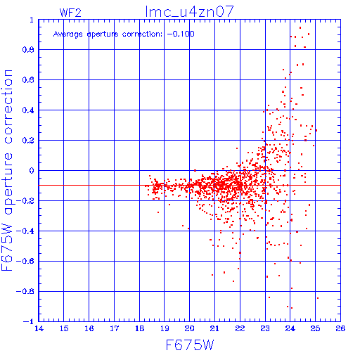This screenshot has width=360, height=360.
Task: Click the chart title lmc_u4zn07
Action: (x=189, y=12)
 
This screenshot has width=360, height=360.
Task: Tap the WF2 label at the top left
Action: (x=70, y=13)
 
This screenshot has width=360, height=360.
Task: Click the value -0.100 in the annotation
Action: (x=181, y=34)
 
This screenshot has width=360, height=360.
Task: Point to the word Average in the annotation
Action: (x=68, y=34)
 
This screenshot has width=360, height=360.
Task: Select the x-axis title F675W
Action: (x=190, y=345)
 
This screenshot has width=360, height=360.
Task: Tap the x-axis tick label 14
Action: (x=39, y=328)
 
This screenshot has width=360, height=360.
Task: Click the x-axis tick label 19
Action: (x=165, y=328)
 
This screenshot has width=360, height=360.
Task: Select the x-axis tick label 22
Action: (x=240, y=328)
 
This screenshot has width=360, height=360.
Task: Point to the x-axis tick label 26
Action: (x=340, y=328)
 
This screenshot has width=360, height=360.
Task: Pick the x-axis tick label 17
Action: (x=115, y=328)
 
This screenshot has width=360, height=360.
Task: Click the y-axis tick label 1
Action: (x=32, y=20)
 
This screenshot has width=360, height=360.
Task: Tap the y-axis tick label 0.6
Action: (x=28, y=80)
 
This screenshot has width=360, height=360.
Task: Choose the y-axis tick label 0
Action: (x=32, y=171)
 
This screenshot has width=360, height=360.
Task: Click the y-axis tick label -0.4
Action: (x=25, y=231)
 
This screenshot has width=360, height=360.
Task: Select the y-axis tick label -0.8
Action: (x=25, y=292)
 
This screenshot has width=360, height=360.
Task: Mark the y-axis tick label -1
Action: (x=29, y=321)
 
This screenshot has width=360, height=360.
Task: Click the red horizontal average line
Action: (x=189, y=186)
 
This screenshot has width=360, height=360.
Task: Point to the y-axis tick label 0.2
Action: (x=28, y=141)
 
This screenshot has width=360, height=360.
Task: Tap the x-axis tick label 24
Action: (x=290, y=328)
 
